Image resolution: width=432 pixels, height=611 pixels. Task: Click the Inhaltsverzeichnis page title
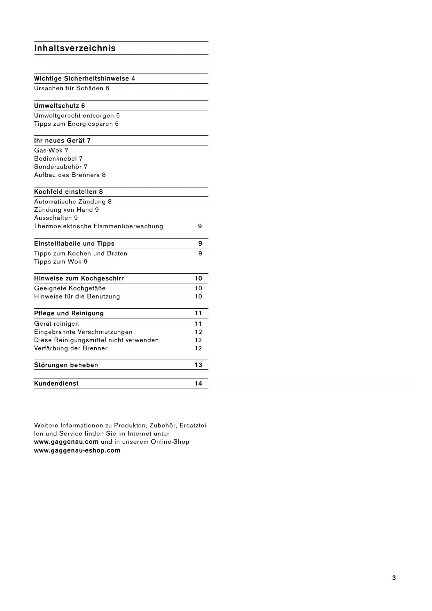click(75, 48)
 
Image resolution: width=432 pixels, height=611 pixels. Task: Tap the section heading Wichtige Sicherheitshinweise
click(81, 79)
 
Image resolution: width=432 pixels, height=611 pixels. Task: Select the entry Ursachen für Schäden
click(69, 88)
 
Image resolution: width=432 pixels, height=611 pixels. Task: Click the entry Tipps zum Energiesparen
click(73, 124)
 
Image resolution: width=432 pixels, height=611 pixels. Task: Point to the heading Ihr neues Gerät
click(60, 141)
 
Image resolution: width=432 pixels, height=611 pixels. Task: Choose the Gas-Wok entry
click(48, 150)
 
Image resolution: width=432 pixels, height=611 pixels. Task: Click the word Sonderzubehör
click(58, 167)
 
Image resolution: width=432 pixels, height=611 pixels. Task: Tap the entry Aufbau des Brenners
click(67, 175)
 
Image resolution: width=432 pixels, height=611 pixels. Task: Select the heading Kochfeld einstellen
click(66, 192)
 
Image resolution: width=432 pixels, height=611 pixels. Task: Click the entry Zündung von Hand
click(64, 210)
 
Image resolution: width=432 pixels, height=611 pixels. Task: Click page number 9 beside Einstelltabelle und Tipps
click(200, 244)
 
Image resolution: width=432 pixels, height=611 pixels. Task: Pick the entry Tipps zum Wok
click(58, 262)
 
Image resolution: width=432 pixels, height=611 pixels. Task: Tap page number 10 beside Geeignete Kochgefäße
click(198, 288)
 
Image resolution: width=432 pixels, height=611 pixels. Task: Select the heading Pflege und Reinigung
click(69, 314)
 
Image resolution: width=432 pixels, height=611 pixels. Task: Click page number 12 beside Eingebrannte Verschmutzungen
click(198, 332)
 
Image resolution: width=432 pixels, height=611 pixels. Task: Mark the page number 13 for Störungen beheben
click(198, 365)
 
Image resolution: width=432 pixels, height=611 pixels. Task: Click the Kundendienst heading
click(56, 384)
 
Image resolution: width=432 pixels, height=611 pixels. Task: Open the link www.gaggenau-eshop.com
click(77, 450)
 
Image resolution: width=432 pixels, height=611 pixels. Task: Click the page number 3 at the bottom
click(394, 578)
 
